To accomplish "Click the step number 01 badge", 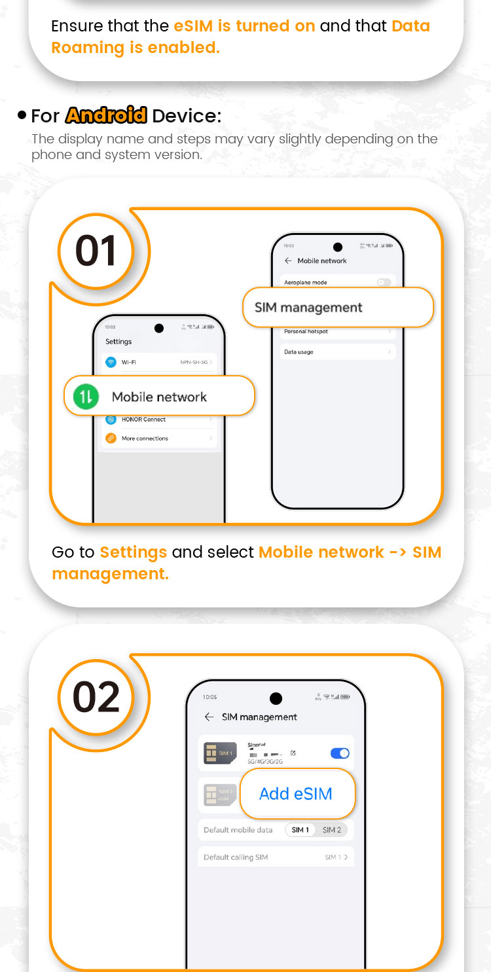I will pyautogui.click(x=96, y=251).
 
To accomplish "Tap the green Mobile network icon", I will pyautogui.click(x=86, y=397).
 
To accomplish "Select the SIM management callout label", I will pyautogui.click(x=308, y=308).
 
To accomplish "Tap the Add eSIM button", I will pyautogui.click(x=296, y=794).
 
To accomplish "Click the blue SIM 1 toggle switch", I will pyautogui.click(x=340, y=753).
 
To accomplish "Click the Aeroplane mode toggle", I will pyautogui.click(x=384, y=282).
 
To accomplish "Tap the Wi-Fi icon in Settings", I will pyautogui.click(x=111, y=362).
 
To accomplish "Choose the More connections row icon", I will pyautogui.click(x=111, y=439).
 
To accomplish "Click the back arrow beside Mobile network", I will pyautogui.click(x=288, y=261).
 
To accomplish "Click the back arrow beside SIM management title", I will pyautogui.click(x=209, y=717).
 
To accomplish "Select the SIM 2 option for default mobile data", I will pyautogui.click(x=332, y=830).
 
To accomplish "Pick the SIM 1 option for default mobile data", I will pyautogui.click(x=300, y=830).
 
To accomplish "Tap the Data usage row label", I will pyautogui.click(x=299, y=352).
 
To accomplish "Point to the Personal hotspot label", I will pyautogui.click(x=306, y=332).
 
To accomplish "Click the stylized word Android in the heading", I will pyautogui.click(x=106, y=116).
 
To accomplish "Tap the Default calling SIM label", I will pyautogui.click(x=236, y=857).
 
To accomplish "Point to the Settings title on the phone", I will pyautogui.click(x=118, y=342).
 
